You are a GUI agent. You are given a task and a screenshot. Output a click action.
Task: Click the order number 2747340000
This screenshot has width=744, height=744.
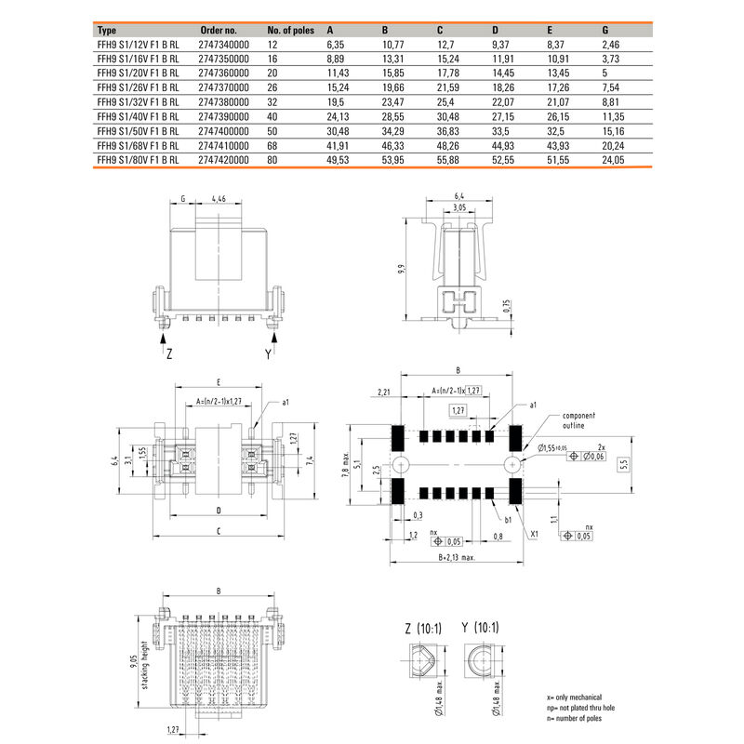[225, 44]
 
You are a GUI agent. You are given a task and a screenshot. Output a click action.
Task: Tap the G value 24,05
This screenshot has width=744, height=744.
[615, 160]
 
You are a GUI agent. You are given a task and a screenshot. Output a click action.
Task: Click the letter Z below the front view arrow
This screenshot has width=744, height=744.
[168, 354]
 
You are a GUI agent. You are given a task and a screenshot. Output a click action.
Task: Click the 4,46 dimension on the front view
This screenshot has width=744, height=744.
[219, 198]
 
